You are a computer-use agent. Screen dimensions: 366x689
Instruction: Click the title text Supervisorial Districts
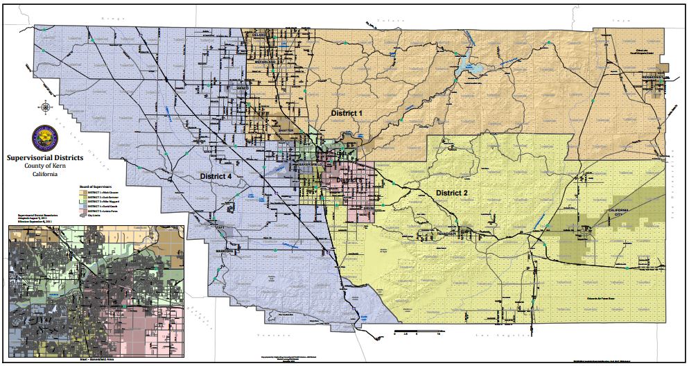pos(44,158)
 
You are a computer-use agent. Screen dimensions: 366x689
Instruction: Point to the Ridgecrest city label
pos(653,76)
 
